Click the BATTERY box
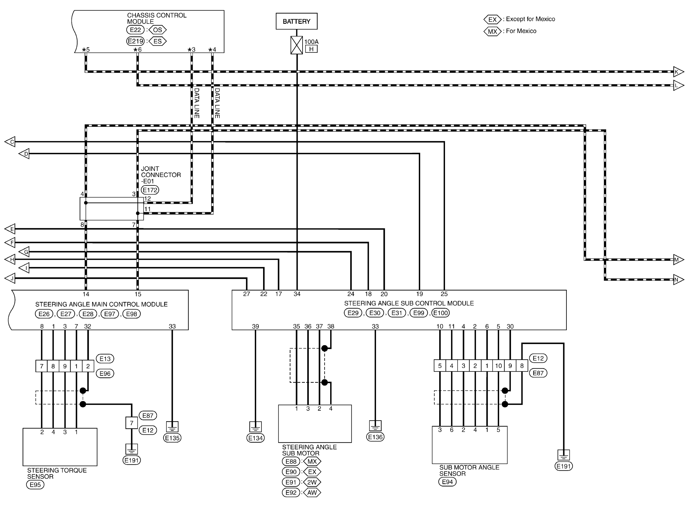pyautogui.click(x=296, y=21)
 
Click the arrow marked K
pyautogui.click(x=678, y=72)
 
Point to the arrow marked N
pyautogui.click(x=678, y=280)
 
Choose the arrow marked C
pyautogui.click(x=10, y=142)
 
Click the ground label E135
pyautogui.click(x=172, y=438)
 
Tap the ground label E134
pyautogui.click(x=255, y=438)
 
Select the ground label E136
pyautogui.click(x=375, y=437)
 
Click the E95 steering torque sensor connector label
pyautogui.click(x=35, y=485)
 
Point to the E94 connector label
pyautogui.click(x=447, y=482)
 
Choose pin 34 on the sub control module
pyautogui.click(x=297, y=294)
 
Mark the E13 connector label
pyautogui.click(x=105, y=359)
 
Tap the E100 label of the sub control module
pyautogui.click(x=440, y=313)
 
